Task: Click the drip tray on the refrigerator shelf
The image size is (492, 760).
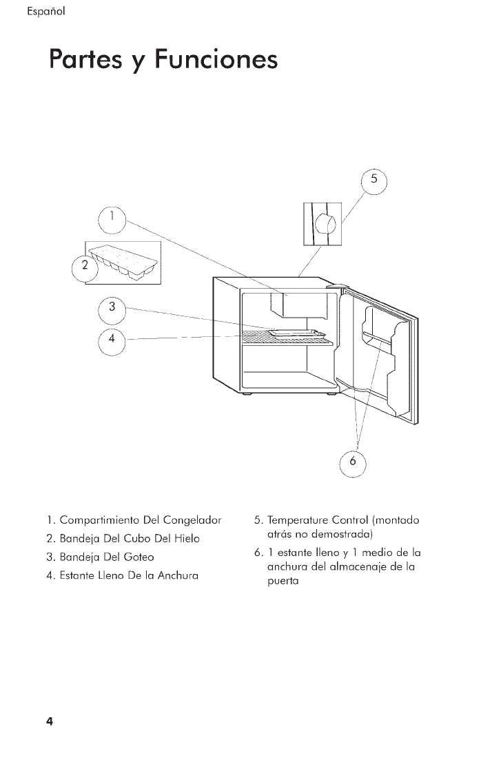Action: point(296,332)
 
